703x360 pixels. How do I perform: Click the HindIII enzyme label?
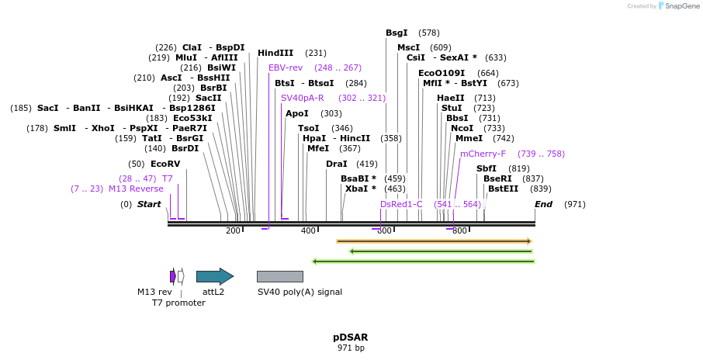(x=275, y=53)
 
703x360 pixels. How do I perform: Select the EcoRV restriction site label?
(x=165, y=164)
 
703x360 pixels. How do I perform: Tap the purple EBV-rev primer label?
(x=286, y=67)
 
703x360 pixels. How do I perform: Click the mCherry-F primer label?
(x=483, y=154)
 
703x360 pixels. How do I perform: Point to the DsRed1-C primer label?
(x=401, y=204)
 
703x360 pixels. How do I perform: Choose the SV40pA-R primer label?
(x=302, y=98)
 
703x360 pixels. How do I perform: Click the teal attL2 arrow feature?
(x=214, y=276)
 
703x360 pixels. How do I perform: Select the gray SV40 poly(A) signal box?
(x=279, y=276)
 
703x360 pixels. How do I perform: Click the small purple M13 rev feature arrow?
(x=172, y=276)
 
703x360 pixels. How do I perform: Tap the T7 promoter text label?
(x=178, y=303)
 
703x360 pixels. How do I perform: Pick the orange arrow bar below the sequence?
(x=434, y=241)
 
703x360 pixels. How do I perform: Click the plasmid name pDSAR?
(x=351, y=337)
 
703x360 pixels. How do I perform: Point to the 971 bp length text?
(x=351, y=348)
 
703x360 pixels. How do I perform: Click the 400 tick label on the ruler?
(x=308, y=231)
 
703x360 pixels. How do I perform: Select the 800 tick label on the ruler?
(x=459, y=231)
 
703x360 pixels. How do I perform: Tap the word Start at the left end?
(x=149, y=204)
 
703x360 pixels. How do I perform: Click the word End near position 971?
(x=543, y=204)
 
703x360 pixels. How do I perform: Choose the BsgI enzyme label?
(x=397, y=33)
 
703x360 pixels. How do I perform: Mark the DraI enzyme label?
(x=337, y=164)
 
